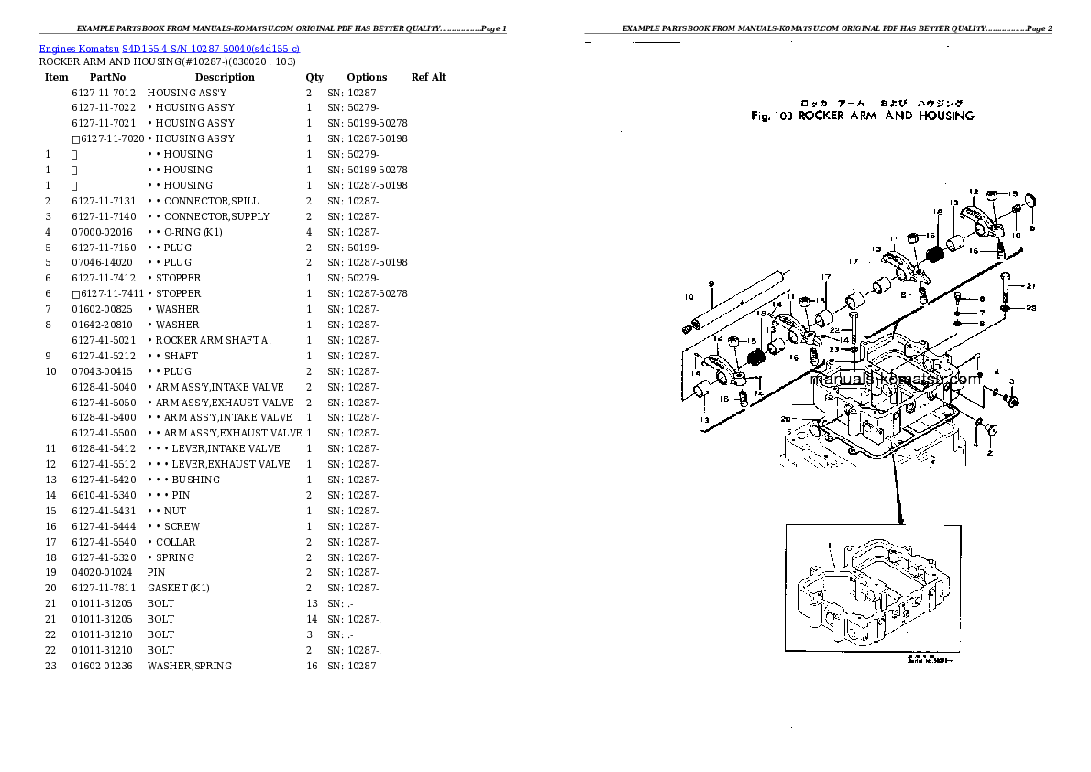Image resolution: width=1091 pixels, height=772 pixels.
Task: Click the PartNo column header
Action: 107,78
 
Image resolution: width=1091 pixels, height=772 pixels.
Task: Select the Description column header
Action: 225,78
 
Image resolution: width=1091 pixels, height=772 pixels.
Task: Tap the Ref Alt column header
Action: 428,78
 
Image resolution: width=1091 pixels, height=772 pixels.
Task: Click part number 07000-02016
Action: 102,232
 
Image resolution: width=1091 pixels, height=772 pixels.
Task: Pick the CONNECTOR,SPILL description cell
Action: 203,201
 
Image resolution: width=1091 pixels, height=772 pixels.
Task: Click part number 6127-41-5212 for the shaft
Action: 103,356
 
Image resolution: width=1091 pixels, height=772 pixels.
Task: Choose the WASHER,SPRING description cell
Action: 189,666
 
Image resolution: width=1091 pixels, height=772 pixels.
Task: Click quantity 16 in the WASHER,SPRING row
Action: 311,666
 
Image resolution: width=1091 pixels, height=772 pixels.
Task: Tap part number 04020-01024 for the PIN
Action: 102,572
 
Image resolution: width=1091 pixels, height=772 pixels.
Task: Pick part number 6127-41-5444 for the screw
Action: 103,526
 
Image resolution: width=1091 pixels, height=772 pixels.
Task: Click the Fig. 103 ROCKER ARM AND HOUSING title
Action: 862,116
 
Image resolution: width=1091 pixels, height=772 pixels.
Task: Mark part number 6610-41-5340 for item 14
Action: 103,495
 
